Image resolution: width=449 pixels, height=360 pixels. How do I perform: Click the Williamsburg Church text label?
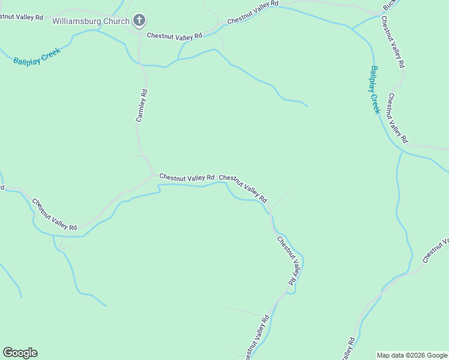(x=91, y=22)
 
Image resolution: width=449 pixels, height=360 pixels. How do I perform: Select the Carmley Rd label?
(x=142, y=106)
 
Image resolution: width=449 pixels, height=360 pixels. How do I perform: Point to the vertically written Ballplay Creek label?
(x=375, y=89)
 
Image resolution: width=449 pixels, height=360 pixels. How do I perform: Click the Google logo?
(x=20, y=353)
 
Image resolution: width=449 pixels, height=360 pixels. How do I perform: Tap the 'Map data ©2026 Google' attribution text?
(x=412, y=355)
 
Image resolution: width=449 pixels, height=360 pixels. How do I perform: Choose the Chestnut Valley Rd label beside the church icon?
(x=175, y=37)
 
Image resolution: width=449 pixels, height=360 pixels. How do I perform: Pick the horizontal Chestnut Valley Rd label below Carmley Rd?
(x=187, y=178)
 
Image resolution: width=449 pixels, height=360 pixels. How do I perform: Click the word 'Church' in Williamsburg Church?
(x=115, y=22)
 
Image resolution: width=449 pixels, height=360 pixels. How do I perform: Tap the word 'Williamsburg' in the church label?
(x=76, y=22)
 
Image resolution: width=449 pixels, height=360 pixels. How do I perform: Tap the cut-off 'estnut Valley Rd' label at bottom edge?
(x=255, y=336)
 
